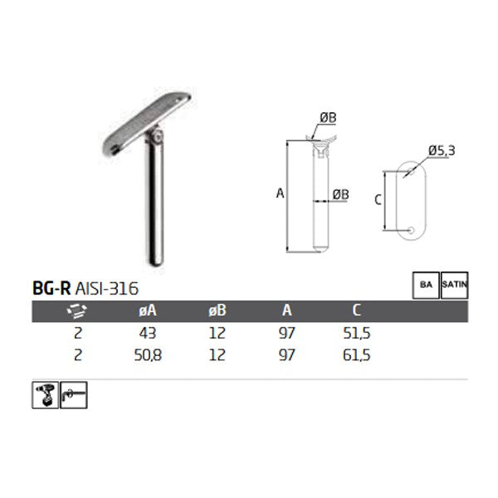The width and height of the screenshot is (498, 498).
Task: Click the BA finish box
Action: (427, 285)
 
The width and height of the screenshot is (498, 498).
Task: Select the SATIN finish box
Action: (456, 285)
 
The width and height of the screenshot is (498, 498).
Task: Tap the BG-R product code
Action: (51, 288)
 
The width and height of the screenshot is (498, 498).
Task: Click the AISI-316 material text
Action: (106, 288)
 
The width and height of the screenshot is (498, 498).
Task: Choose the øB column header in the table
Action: (217, 311)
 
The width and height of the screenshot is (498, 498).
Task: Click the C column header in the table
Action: (356, 311)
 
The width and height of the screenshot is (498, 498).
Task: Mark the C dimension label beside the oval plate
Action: (378, 199)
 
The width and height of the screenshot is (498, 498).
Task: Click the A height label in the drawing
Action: (281, 193)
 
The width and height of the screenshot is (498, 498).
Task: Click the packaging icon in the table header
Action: (76, 312)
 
